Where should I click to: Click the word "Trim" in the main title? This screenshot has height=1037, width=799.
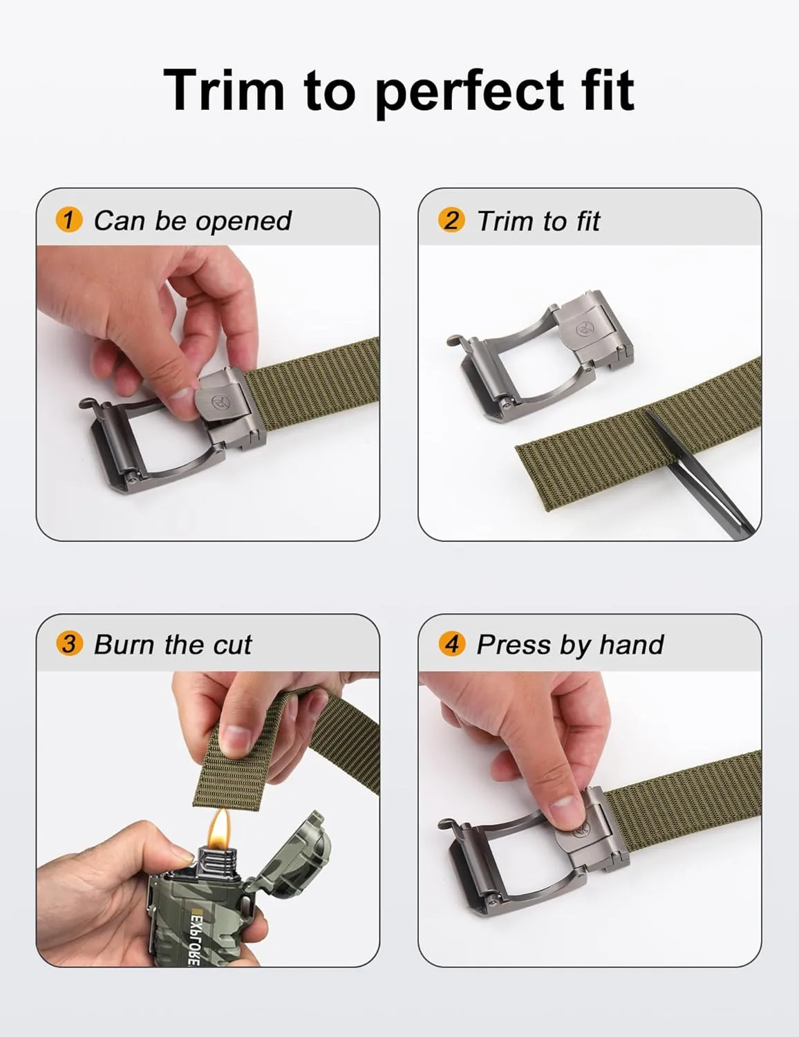[223, 90]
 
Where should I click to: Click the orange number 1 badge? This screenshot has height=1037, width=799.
[68, 221]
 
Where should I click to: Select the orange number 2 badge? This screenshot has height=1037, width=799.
[451, 221]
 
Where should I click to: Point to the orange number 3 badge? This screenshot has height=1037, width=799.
[68, 644]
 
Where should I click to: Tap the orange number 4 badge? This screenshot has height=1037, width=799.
[451, 644]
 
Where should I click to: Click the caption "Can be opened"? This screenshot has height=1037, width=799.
[192, 221]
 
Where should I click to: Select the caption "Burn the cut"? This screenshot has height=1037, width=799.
[173, 645]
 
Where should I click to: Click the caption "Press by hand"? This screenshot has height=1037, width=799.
[570, 645]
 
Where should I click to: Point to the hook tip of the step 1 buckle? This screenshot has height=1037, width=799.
[85, 402]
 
